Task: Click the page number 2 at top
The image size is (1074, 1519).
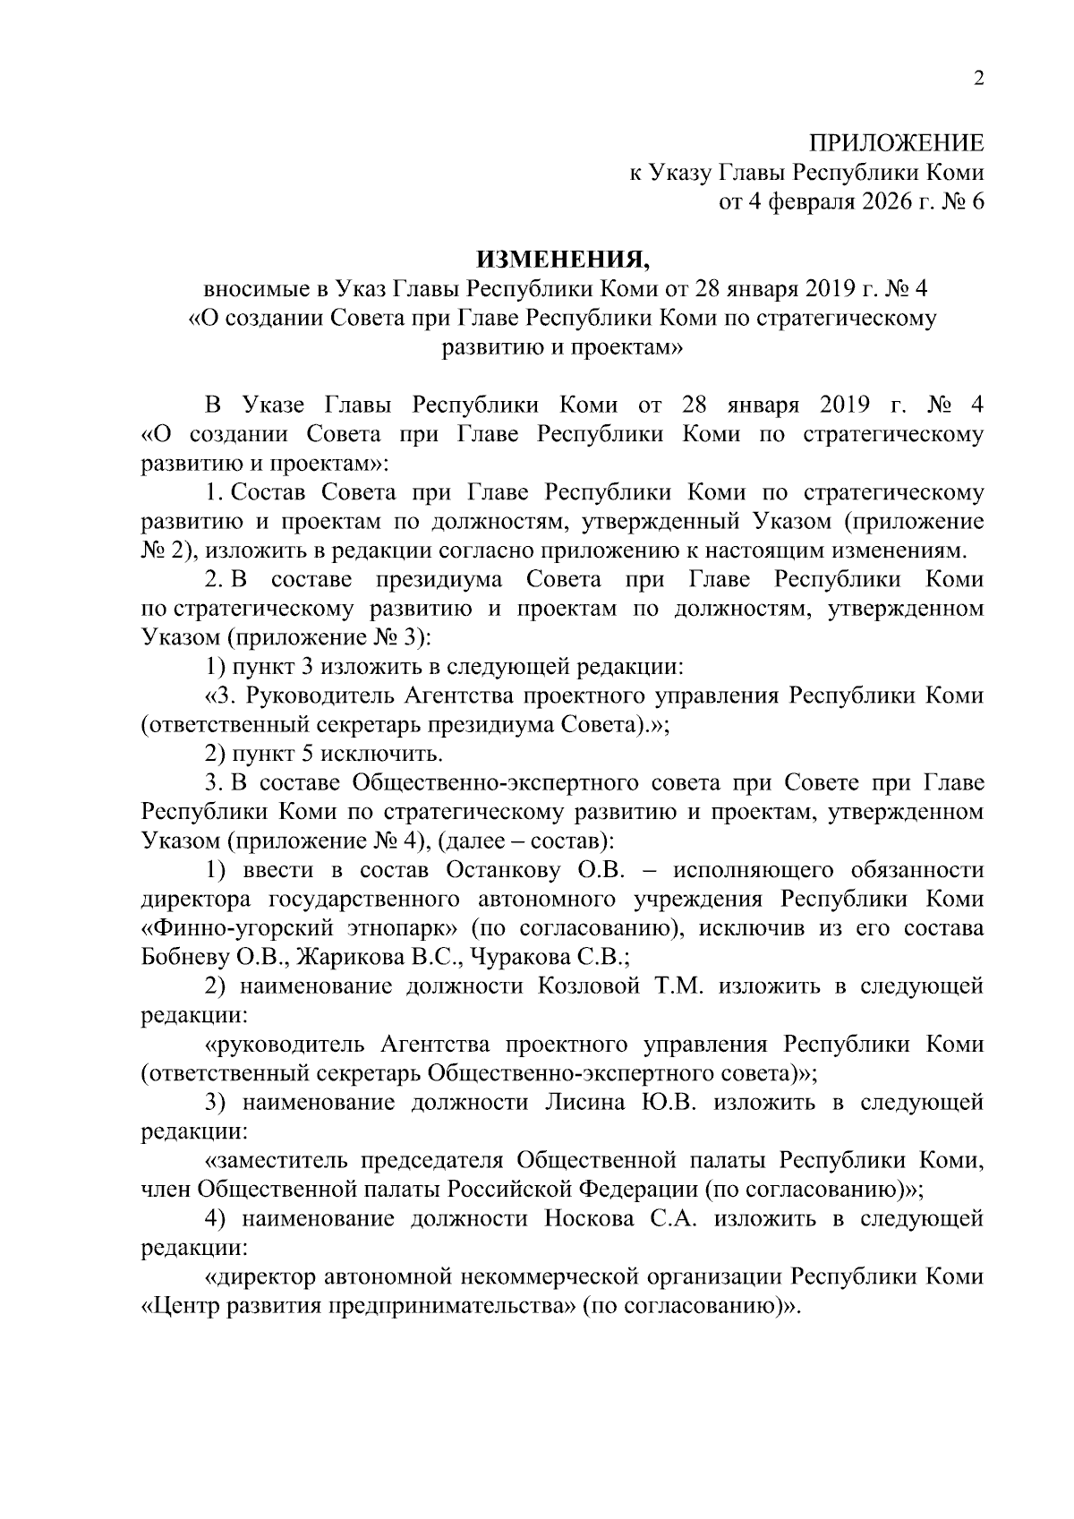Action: pyautogui.click(x=978, y=80)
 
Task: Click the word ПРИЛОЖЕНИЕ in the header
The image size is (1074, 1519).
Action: pyautogui.click(x=897, y=143)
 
